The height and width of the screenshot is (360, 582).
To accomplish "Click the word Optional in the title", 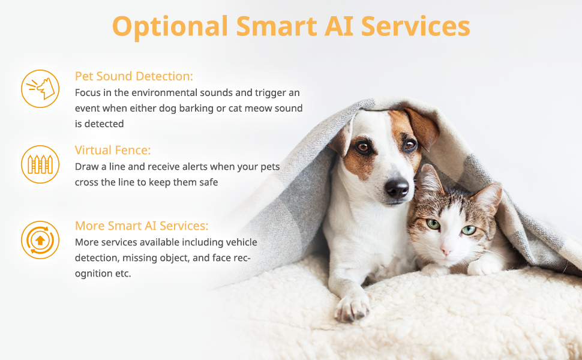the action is click(x=170, y=27).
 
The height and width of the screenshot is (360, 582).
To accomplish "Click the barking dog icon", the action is click(x=40, y=89).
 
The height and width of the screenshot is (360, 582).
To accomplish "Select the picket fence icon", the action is click(x=40, y=164).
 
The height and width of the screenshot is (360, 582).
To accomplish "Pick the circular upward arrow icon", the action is click(x=40, y=240).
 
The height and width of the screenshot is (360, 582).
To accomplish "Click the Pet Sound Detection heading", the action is click(x=134, y=76).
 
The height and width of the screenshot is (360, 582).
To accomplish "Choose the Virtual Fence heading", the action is click(x=113, y=151).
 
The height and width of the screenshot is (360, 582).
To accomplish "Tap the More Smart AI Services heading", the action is click(x=142, y=226).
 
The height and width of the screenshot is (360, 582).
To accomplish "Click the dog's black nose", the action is click(x=397, y=188).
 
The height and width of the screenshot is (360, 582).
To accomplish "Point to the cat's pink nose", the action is click(x=446, y=250).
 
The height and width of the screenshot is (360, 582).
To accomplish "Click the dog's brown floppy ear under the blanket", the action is click(x=422, y=128).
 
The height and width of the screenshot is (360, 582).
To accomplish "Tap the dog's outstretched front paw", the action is click(x=352, y=308).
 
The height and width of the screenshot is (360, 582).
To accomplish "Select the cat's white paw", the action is click(x=482, y=266).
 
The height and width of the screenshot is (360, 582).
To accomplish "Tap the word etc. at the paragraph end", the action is click(x=123, y=274).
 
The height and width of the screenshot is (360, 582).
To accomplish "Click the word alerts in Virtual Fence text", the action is click(x=185, y=167).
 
